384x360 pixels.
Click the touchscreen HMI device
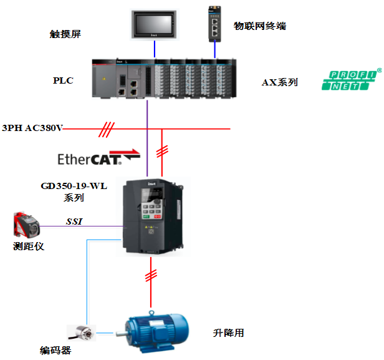pos(154,24)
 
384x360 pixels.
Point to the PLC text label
pos(63,80)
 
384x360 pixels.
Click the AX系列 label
pos(280,82)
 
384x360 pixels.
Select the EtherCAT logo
pos(98,158)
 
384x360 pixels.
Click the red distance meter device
pos(26,225)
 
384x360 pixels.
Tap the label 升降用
pos(228,333)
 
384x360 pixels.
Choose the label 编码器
pos(55,350)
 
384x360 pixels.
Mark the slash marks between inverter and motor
pos(151,275)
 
